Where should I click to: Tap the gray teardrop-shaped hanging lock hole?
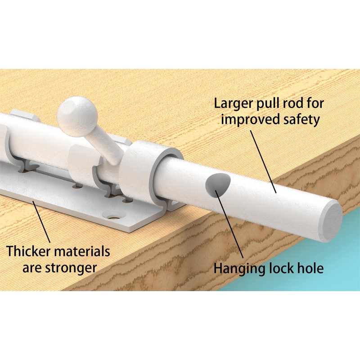[x=217, y=185]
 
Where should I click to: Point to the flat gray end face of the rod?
[x=333, y=220]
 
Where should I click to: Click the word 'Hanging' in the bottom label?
[x=240, y=268]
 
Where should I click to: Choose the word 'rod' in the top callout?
[x=292, y=103]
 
